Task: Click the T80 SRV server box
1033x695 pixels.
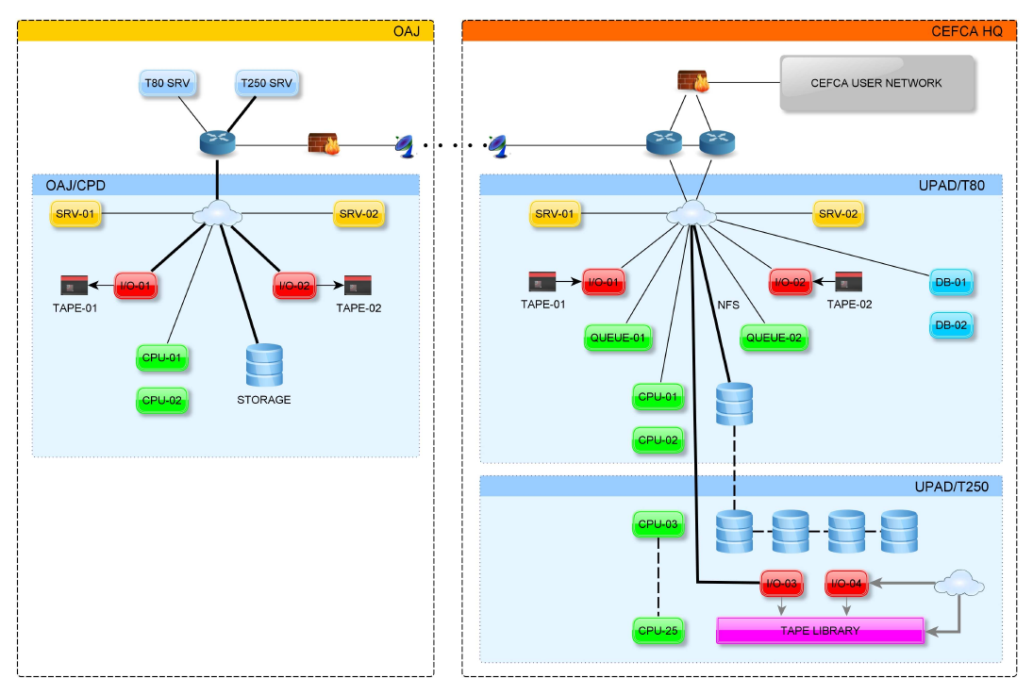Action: click(x=167, y=84)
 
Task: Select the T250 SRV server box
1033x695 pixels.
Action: click(x=266, y=84)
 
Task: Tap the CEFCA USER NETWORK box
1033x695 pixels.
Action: click(x=876, y=83)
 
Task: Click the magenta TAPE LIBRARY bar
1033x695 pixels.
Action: click(x=820, y=631)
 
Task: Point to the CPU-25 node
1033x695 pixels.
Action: click(x=658, y=631)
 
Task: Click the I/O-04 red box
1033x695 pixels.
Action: click(x=846, y=585)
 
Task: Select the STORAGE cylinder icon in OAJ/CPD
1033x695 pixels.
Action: click(x=263, y=365)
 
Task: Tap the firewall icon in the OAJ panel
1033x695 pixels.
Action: click(x=324, y=144)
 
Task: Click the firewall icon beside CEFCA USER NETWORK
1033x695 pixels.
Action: click(x=693, y=82)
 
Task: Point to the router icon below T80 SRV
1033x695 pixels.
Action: click(x=217, y=143)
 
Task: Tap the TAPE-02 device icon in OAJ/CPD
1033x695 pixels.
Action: click(x=358, y=284)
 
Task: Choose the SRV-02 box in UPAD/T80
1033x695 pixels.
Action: click(x=837, y=214)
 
